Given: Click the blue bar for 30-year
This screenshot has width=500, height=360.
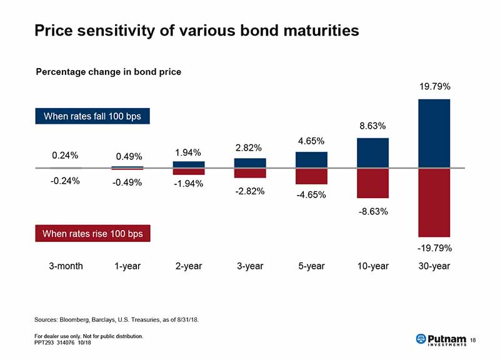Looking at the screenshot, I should pos(434,133).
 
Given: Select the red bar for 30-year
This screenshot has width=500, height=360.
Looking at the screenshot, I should pos(434,202).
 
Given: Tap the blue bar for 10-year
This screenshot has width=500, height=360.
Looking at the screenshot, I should pos(372,152).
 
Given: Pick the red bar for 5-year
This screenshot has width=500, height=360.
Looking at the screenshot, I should pos(311,176).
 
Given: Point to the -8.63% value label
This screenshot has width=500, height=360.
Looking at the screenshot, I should pos(373,211).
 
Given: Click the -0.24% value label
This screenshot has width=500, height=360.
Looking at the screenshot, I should pos(64,181).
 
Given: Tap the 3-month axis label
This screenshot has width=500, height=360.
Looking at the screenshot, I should pos(66,266).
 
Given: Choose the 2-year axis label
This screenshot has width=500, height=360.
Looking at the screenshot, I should pos(188,266).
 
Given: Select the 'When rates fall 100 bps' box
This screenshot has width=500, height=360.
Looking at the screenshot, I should pos(92,117).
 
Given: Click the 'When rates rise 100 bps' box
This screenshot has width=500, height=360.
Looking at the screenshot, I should pos(92,234).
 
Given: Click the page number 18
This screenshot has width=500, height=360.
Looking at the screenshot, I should pos(472,339).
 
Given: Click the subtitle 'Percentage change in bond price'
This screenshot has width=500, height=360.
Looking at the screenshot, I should pos(108,72).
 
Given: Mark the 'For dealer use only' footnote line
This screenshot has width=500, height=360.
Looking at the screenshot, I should pos(89,336).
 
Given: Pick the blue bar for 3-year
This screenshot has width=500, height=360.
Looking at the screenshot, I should pos(250,162).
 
